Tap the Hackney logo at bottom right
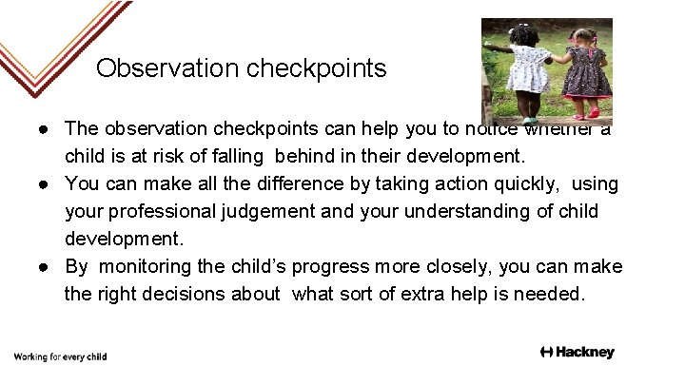pyautogui.click(x=577, y=353)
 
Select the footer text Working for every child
pyautogui.click(x=60, y=357)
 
